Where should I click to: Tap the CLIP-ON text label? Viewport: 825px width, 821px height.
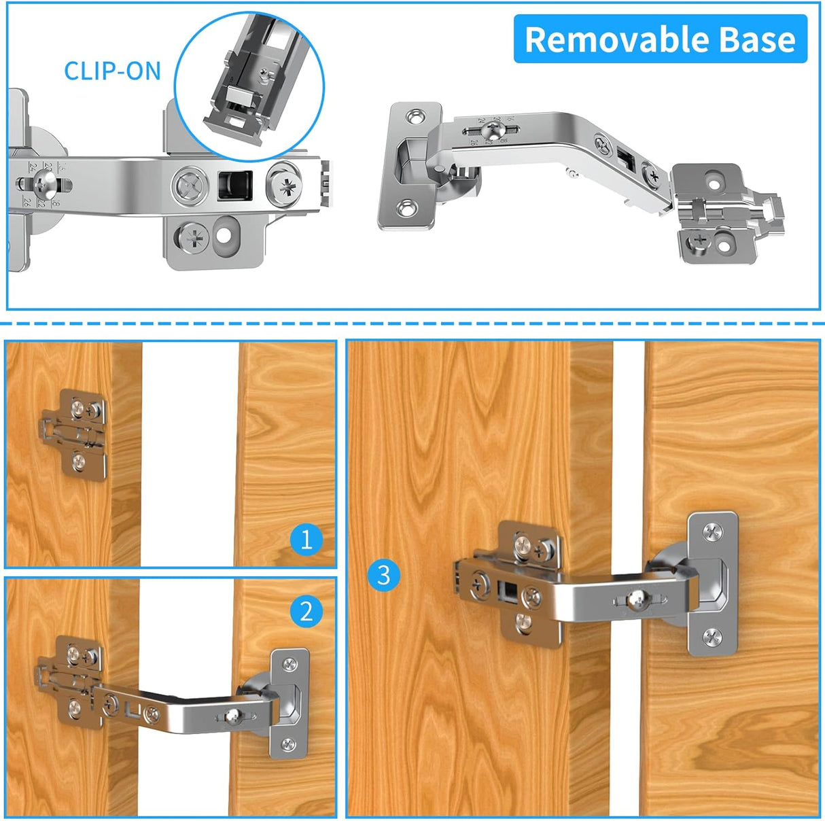112,71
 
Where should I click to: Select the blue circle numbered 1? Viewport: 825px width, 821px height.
306,540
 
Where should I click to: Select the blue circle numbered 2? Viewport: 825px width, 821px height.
306,611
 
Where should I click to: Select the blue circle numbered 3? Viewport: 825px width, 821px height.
383,575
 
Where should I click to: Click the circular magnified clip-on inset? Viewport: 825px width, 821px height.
249,86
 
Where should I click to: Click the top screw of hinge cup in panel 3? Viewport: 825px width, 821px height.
713,534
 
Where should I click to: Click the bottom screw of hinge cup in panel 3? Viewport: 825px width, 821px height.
712,637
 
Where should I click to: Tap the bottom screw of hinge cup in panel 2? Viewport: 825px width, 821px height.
289,745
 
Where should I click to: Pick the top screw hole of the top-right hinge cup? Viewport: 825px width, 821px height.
412,118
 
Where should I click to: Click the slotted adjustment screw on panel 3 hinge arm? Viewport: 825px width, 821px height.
637,599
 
